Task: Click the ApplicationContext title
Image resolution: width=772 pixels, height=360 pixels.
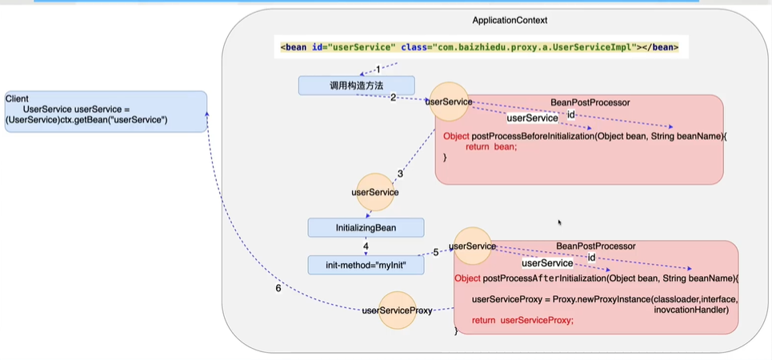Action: click(x=510, y=20)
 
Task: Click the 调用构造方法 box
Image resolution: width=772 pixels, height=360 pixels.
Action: click(x=356, y=85)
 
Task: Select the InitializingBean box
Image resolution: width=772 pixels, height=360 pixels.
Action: click(x=366, y=228)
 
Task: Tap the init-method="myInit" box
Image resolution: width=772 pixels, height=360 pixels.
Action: click(x=366, y=264)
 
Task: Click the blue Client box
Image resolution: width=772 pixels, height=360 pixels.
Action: click(x=105, y=111)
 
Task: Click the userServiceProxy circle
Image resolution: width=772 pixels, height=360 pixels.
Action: click(x=398, y=310)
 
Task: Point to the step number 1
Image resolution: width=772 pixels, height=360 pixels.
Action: click(x=378, y=70)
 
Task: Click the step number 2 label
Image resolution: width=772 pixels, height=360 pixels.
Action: click(x=394, y=98)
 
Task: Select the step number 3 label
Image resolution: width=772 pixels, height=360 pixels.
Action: click(x=400, y=174)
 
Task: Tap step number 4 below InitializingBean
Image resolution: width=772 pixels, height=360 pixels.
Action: click(x=365, y=247)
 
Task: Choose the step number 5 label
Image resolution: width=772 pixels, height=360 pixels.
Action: click(x=436, y=253)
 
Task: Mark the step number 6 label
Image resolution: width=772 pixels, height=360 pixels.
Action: click(x=278, y=289)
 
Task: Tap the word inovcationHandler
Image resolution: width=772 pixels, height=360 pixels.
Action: click(x=690, y=309)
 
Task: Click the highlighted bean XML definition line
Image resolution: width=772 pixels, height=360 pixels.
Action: click(x=479, y=47)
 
